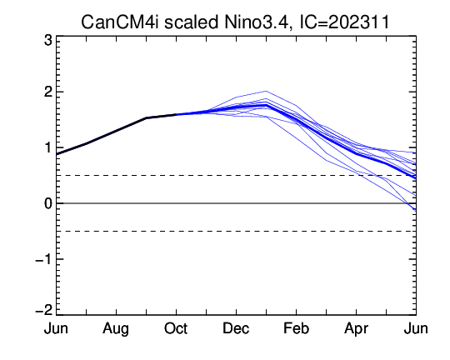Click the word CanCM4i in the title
(x=120, y=22)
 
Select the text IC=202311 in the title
(x=344, y=22)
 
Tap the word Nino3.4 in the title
(x=257, y=22)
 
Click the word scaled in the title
(x=191, y=22)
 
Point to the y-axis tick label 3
(x=48, y=41)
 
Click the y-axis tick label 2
(x=48, y=92)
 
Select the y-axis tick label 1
(x=48, y=148)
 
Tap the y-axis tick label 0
(x=48, y=203)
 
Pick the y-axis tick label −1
(x=44, y=259)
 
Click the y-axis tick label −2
(x=44, y=310)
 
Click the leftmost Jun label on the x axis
(x=56, y=328)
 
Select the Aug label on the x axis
(x=116, y=329)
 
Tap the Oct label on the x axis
(x=176, y=328)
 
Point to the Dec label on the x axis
(x=236, y=328)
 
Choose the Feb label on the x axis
(x=296, y=328)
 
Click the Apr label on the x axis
(x=356, y=329)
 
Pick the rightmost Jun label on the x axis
(x=416, y=328)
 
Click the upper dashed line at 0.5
(x=236, y=175)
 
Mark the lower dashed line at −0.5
(x=236, y=232)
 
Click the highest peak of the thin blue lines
(x=266, y=92)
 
